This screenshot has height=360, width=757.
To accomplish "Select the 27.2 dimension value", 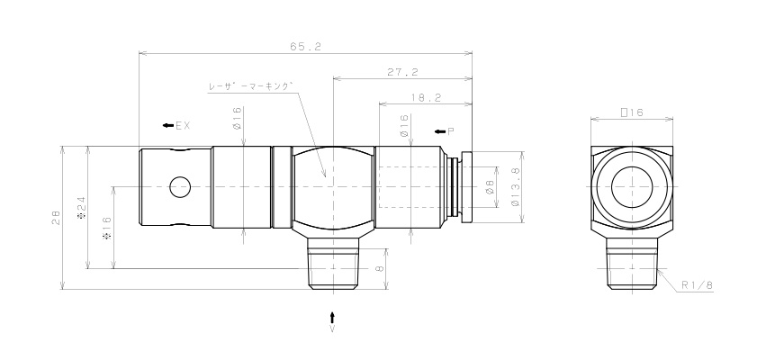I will coord(401,71).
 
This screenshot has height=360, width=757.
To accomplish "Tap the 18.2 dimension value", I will coord(424,97).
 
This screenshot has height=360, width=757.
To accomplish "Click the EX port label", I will coord(183,125).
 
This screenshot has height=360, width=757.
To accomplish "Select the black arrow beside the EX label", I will coord(167,125).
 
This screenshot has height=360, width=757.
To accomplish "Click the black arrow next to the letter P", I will coord(439,131).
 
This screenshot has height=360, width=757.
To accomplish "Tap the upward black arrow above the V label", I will coord(332,317).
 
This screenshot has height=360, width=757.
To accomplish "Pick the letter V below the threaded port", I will coord(332,330).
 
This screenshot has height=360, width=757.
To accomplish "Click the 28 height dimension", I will coord(56,217).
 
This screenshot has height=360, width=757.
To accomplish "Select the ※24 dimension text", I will coord(81,207).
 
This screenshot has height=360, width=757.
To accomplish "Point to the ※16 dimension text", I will coord(107,227).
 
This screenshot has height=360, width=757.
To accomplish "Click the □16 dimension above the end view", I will coord(631,112).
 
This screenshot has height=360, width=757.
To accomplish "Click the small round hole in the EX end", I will coord(180,188).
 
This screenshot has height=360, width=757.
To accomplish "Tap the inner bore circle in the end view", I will coord(631,188).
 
